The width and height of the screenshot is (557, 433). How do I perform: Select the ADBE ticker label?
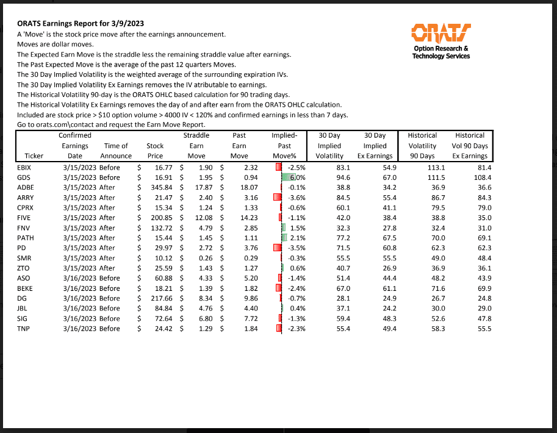[26, 188]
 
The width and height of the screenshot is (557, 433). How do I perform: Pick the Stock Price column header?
[155, 151]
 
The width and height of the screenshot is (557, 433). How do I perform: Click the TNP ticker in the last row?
[24, 329]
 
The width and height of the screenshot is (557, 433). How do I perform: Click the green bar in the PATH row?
[284, 238]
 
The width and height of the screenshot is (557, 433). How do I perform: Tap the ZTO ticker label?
[24, 268]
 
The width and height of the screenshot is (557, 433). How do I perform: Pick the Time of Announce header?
[116, 151]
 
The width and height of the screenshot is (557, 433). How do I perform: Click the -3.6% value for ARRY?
[296, 198]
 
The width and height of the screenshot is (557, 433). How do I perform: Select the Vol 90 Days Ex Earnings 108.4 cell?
[479, 177]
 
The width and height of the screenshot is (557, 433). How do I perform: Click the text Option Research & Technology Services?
[441, 52]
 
